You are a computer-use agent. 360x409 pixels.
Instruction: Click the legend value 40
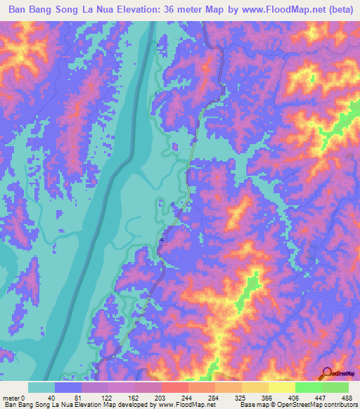click(51, 398)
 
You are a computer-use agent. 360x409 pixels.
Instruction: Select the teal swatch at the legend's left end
click(41, 387)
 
